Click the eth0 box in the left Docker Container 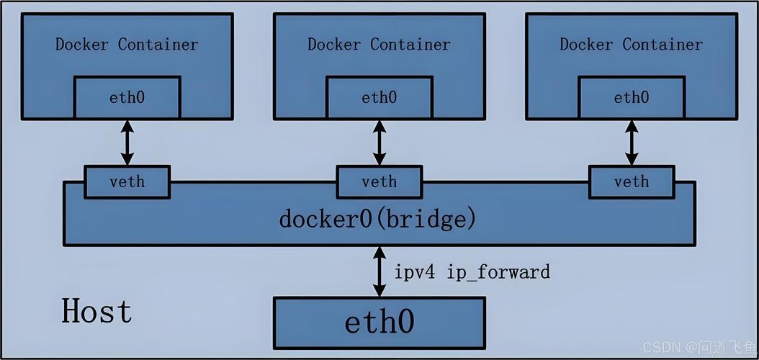pyautogui.click(x=127, y=97)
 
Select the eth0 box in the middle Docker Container pyautogui.click(x=379, y=97)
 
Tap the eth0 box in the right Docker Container pyautogui.click(x=632, y=97)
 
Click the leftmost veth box pyautogui.click(x=127, y=181)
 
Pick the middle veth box pyautogui.click(x=379, y=181)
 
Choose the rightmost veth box pyautogui.click(x=632, y=181)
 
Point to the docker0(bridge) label pyautogui.click(x=378, y=218)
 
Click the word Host pyautogui.click(x=96, y=312)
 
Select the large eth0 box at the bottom pyautogui.click(x=379, y=322)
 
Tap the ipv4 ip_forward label pyautogui.click(x=472, y=272)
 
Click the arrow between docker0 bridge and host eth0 pyautogui.click(x=379, y=271)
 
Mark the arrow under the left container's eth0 pyautogui.click(x=127, y=143)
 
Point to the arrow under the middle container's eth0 pyautogui.click(x=379, y=143)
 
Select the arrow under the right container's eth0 pyautogui.click(x=632, y=143)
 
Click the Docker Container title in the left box pyautogui.click(x=127, y=44)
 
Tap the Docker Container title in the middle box pyautogui.click(x=379, y=44)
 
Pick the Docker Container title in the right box pyautogui.click(x=631, y=44)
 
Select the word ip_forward pyautogui.click(x=498, y=272)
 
